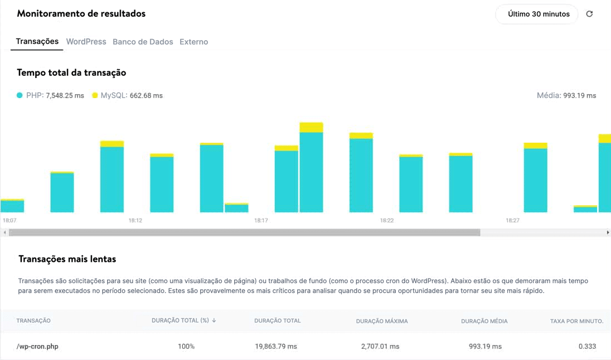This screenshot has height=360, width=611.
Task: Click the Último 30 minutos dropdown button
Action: pyautogui.click(x=539, y=14)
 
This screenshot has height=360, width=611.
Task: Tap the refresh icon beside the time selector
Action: pyautogui.click(x=589, y=14)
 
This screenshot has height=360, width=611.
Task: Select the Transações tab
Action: pyautogui.click(x=37, y=42)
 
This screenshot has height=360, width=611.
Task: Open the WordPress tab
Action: pyautogui.click(x=86, y=42)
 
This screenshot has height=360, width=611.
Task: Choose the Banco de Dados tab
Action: pyautogui.click(x=143, y=42)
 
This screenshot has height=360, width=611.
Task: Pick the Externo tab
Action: pyautogui.click(x=193, y=42)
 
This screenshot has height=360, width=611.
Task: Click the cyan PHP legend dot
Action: pyautogui.click(x=20, y=95)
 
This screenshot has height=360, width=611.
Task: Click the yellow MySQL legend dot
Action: pyautogui.click(x=95, y=95)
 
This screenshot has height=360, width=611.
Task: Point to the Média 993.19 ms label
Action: pyautogui.click(x=566, y=95)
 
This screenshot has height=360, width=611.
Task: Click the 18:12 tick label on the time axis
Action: pyautogui.click(x=135, y=221)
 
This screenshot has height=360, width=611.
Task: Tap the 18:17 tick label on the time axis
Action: pyautogui.click(x=261, y=221)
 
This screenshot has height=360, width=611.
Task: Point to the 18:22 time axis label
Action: pyautogui.click(x=387, y=221)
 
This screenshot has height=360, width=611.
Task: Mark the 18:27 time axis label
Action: pyautogui.click(x=512, y=221)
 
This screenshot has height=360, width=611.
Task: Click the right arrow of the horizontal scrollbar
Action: pyautogui.click(x=608, y=232)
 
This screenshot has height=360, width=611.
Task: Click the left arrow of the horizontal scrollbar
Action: pyautogui.click(x=5, y=232)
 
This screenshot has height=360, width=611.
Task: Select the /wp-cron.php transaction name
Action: pyautogui.click(x=37, y=347)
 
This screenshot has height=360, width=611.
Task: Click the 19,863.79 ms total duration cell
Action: pyautogui.click(x=276, y=347)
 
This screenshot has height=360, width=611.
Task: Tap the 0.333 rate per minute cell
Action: pyautogui.click(x=587, y=347)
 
